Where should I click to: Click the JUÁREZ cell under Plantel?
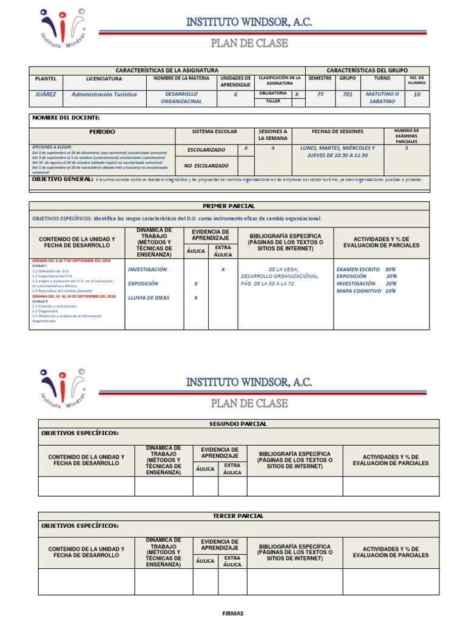tap(46, 95)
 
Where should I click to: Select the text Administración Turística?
tap(104, 95)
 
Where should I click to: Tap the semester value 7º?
tap(320, 95)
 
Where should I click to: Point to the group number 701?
tap(347, 95)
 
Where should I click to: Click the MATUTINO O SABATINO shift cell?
tap(382, 98)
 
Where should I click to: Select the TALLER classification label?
tap(273, 101)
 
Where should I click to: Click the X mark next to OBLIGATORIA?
tap(296, 95)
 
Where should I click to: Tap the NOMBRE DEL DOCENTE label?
tap(66, 118)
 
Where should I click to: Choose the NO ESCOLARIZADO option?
tap(208, 165)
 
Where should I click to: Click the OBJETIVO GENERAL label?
tap(62, 180)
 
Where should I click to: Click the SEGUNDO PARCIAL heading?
tap(237, 424)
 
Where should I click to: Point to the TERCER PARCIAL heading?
tap(238, 516)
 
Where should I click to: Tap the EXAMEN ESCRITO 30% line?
tap(366, 269)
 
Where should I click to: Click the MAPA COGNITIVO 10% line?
tap(366, 290)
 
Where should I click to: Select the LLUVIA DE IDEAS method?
tap(149, 298)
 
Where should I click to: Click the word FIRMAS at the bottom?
tap(234, 613)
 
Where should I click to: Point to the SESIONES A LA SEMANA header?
tap(273, 135)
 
